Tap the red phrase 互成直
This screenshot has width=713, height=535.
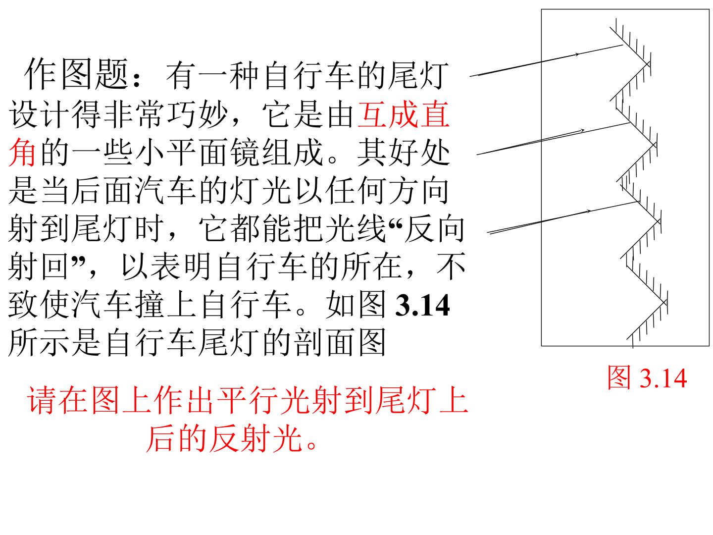tap(404, 114)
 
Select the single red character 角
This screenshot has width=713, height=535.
tap(22, 152)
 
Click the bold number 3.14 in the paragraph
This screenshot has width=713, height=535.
tap(423, 305)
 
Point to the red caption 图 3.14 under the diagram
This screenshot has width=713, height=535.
tap(647, 377)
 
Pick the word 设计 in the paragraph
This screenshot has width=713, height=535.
tap(38, 114)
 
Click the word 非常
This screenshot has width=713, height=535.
tap(134, 114)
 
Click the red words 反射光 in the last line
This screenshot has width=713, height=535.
tap(256, 438)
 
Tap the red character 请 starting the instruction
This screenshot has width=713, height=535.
tap(41, 400)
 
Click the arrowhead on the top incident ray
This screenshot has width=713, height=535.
tap(577, 54)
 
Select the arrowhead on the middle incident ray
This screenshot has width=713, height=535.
tap(582, 131)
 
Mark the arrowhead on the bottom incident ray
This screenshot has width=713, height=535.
tap(588, 212)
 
